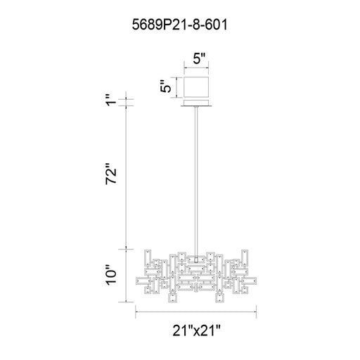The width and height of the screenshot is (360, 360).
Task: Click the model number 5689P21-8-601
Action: [179, 25]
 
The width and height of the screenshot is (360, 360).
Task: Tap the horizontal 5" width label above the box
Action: [199, 58]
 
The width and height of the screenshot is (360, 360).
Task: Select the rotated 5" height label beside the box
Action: [166, 86]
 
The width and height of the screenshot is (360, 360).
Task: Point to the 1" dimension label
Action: [110, 100]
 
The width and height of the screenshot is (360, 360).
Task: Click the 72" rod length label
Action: [111, 173]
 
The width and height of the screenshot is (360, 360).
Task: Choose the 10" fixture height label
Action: [111, 275]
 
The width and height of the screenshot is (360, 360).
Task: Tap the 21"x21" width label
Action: [196, 330]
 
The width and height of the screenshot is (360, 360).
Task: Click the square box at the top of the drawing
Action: [196, 86]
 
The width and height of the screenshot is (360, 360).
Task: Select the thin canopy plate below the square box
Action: [196, 103]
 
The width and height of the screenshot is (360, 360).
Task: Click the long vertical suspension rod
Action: [196, 181]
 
